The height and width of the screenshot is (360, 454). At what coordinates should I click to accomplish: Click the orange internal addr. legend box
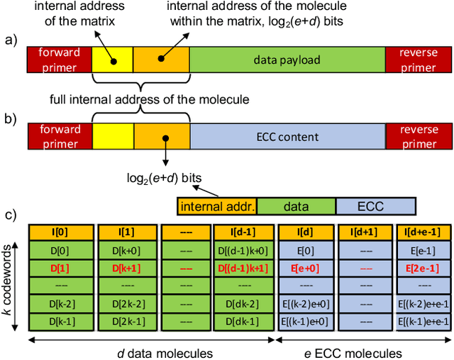click(216, 206)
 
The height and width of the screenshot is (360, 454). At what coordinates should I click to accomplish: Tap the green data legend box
click(295, 206)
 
